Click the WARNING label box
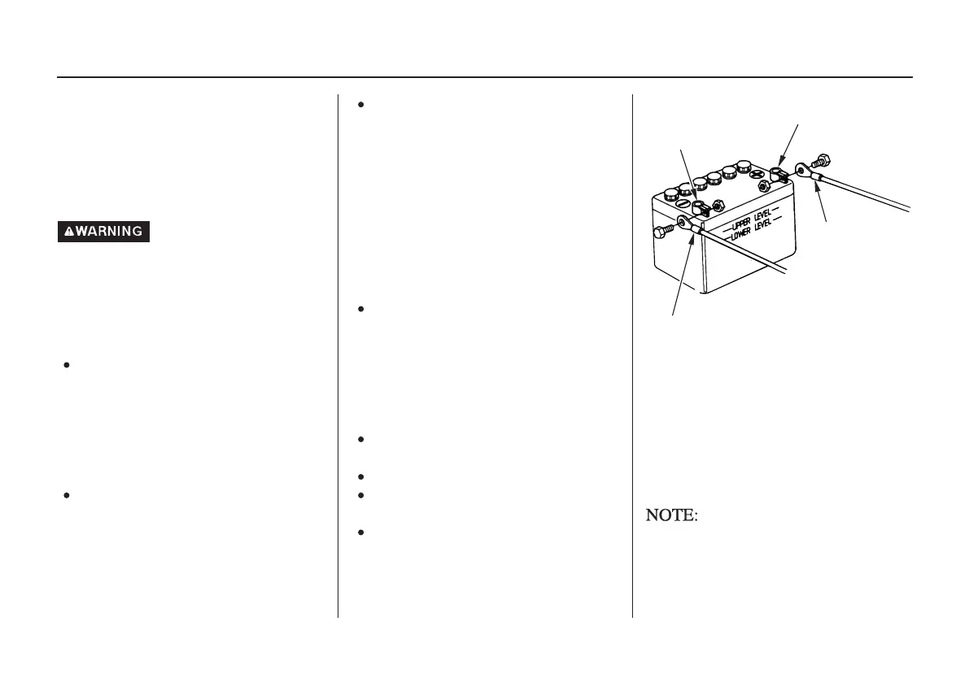click(x=103, y=232)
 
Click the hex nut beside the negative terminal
click(x=718, y=206)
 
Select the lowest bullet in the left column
click(x=64, y=495)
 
